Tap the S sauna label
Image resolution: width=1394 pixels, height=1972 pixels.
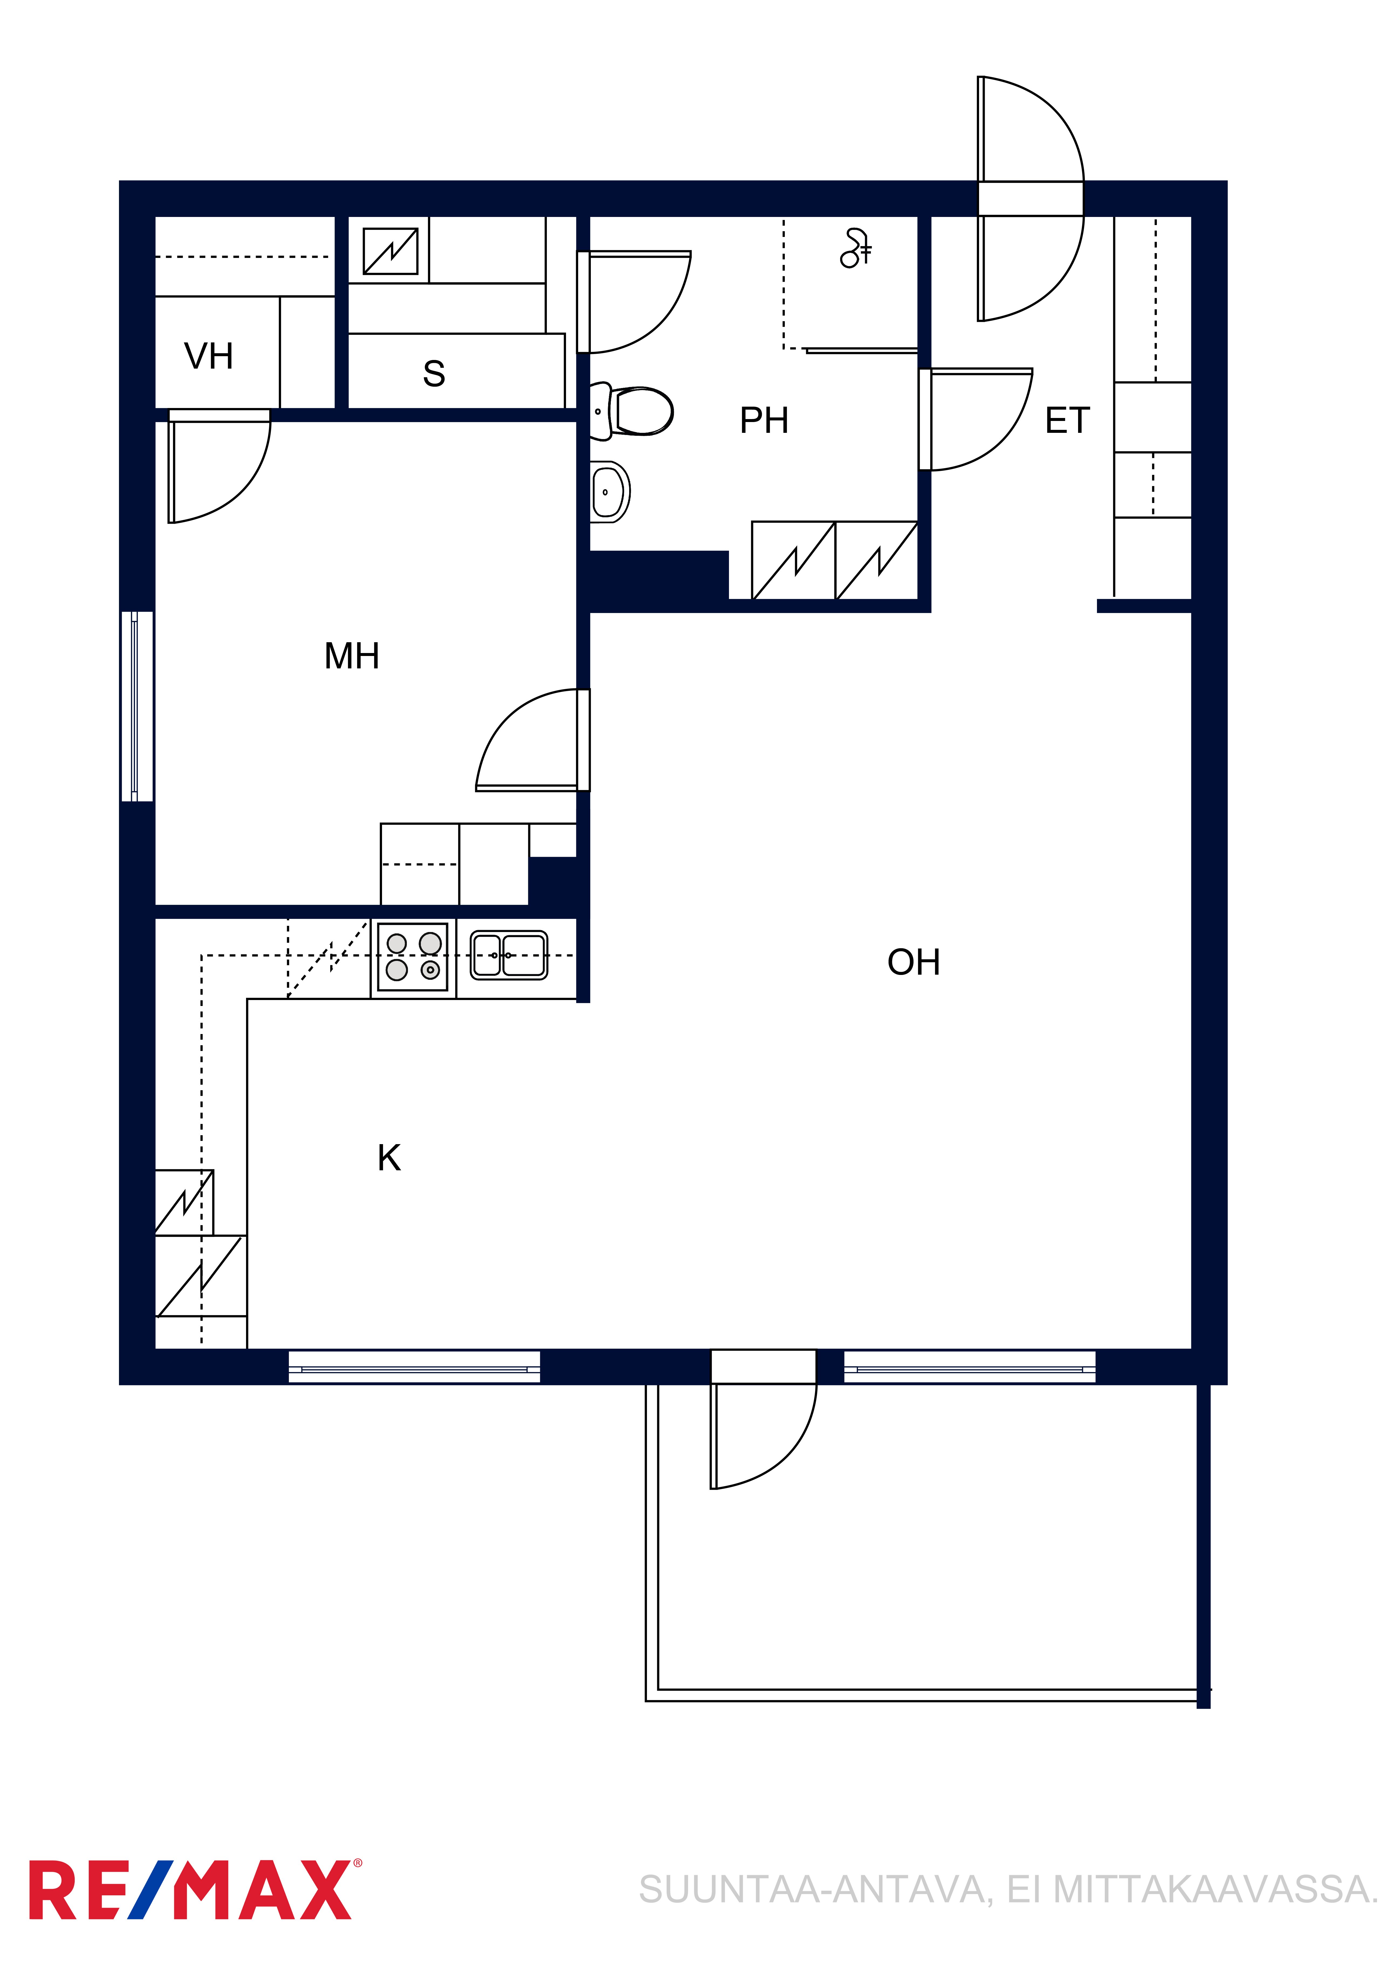coord(434,374)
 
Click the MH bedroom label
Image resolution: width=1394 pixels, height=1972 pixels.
coord(351,656)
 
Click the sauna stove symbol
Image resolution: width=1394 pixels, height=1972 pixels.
coord(391,251)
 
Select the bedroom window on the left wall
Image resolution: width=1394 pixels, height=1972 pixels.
coord(137,706)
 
